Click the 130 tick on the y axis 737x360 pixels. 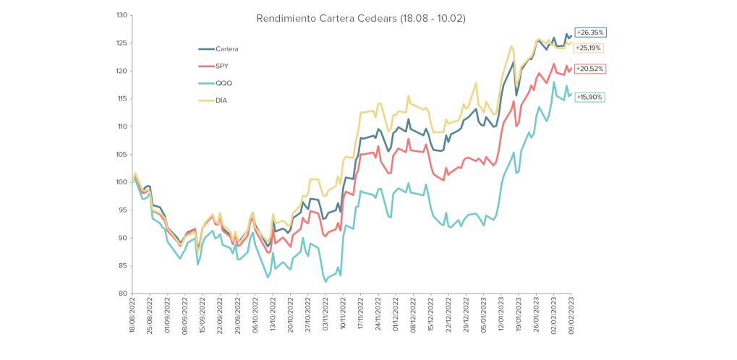(122, 15)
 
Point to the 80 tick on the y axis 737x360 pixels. (123, 293)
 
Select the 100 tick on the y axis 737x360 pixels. (122, 182)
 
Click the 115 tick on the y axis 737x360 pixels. (122, 99)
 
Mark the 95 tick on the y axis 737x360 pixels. (123, 210)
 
